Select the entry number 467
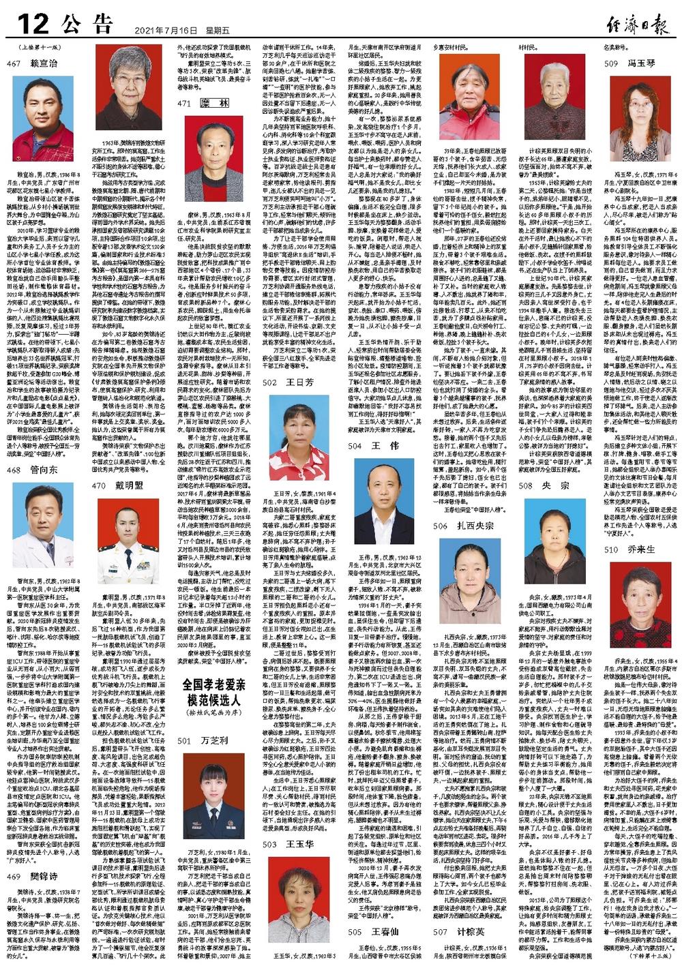14,63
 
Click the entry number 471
184,103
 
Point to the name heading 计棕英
471,931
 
